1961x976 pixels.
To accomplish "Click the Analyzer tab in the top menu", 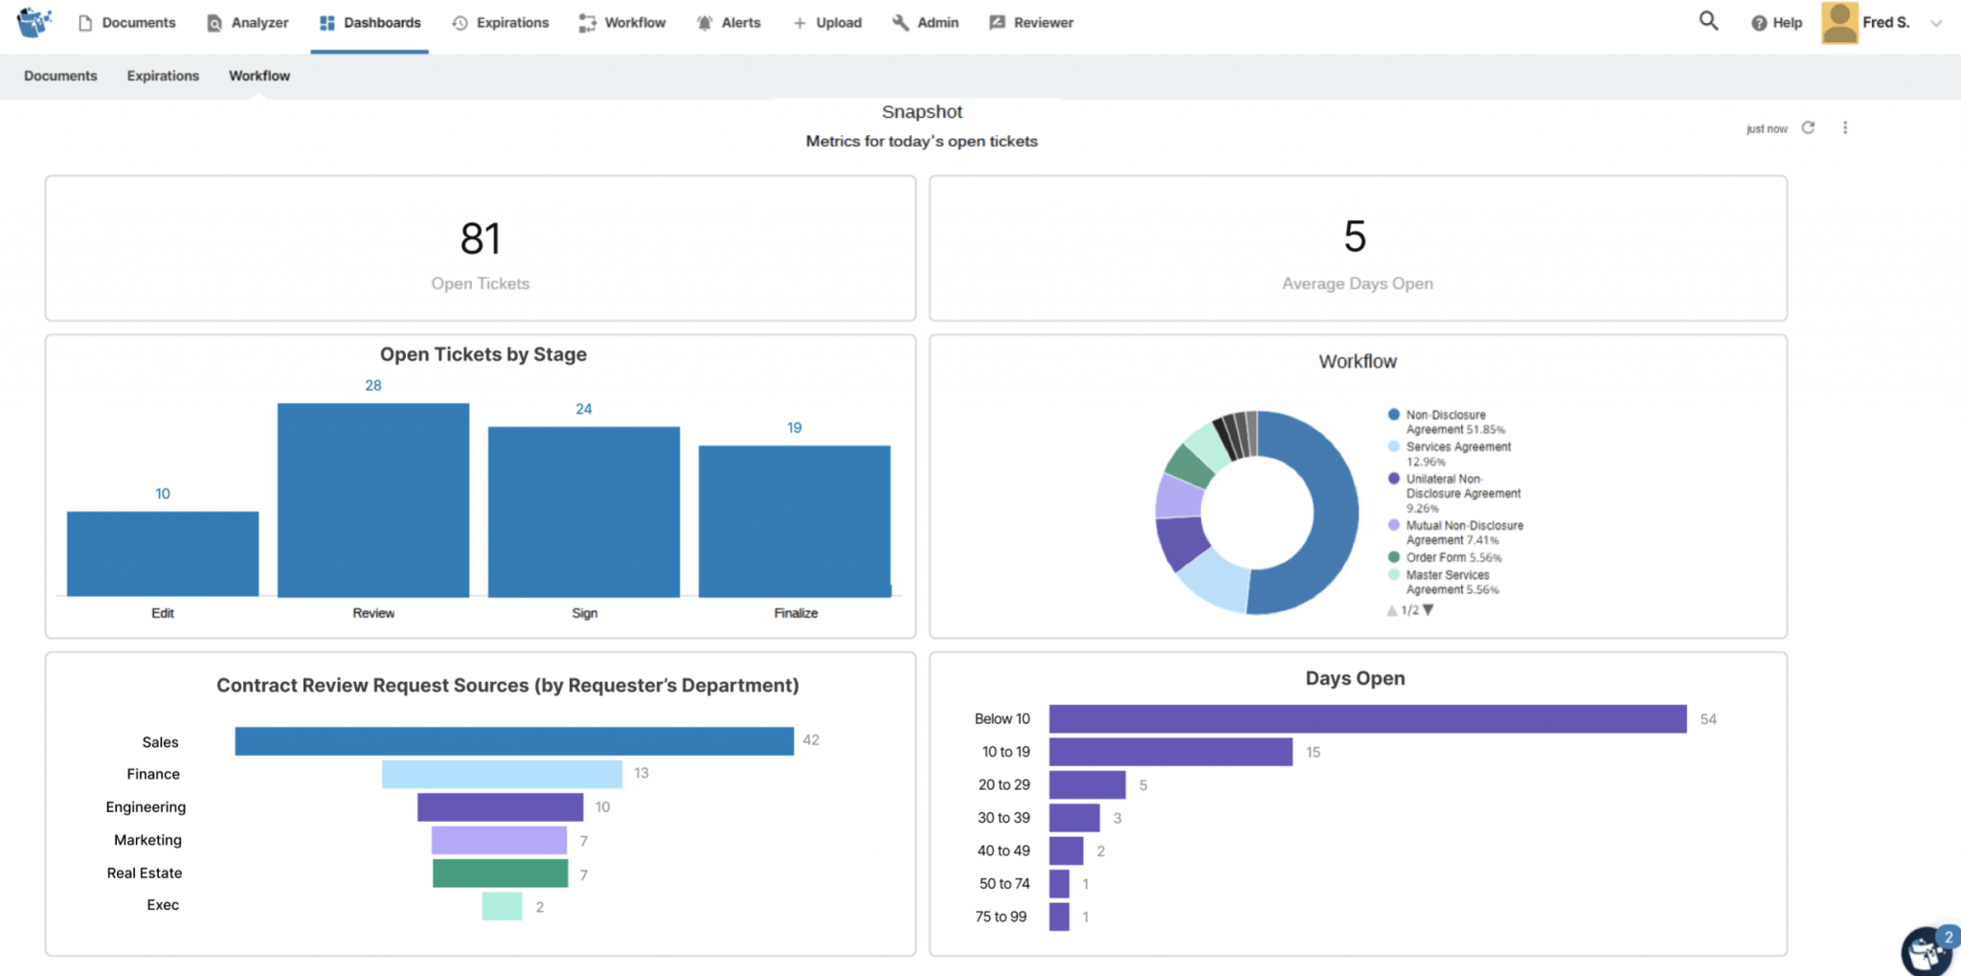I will coord(248,23).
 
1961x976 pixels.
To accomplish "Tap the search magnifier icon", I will coord(1708,21).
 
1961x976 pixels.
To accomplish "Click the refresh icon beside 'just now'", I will coord(1808,127).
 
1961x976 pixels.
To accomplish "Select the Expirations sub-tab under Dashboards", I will coord(163,76).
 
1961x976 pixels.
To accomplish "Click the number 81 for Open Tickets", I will coord(480,239).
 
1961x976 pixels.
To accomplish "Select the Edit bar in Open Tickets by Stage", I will coord(163,554).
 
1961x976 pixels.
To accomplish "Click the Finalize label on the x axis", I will coord(796,613).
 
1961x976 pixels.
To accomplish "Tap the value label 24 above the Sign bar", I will coord(583,409).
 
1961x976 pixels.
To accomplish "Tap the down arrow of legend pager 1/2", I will coord(1429,610).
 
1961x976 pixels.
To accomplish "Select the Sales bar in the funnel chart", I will coord(514,741).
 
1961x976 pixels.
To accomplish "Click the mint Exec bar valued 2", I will coord(502,906).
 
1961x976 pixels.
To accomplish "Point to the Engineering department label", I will coord(146,807).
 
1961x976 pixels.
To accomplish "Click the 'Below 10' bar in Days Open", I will coord(1367,719).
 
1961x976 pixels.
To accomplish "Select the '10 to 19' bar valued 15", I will coord(1170,752).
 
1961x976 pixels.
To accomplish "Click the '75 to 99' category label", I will coord(1001,917).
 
